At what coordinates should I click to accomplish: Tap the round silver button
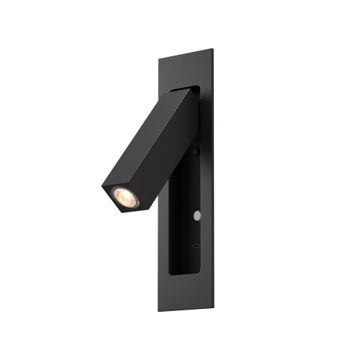[x=196, y=215]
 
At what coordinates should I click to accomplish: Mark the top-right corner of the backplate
[x=214, y=49]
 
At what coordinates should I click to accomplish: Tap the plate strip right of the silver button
[x=209, y=215]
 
